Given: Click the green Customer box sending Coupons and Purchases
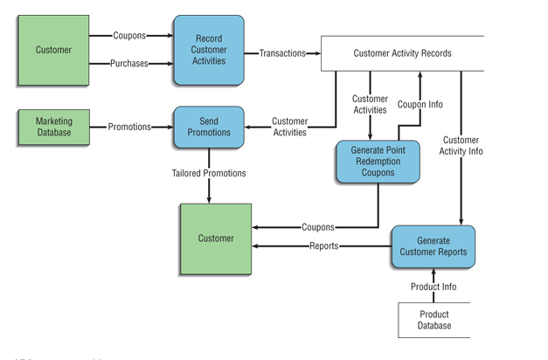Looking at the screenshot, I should coord(53,50).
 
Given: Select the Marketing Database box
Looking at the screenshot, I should coord(53,127).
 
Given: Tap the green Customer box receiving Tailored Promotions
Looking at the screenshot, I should coord(215,239).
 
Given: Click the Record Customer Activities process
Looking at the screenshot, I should coord(209,50).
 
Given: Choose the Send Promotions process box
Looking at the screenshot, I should coord(209,127).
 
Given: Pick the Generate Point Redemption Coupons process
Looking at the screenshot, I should coord(371,162).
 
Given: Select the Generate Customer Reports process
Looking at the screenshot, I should coord(433,246).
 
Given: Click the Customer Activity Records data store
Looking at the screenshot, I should coord(402,53).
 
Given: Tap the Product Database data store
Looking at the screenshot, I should coord(434,320).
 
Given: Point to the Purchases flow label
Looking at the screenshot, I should coord(129,64).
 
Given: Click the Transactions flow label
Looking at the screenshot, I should coord(282,53).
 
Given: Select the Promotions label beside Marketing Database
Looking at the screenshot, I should coord(129,127).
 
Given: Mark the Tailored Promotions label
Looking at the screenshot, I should coord(209,173).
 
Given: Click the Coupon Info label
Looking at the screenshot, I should coord(420,104).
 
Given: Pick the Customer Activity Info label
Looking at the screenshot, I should coord(461,145).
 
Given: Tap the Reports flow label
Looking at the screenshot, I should coord(323,246).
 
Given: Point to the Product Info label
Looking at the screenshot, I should coord(434,287).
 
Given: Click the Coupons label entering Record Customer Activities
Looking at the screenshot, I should coord(129,36).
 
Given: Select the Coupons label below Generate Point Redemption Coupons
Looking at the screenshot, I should coord(318,227).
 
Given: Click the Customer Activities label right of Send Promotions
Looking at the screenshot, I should coord(289,127).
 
